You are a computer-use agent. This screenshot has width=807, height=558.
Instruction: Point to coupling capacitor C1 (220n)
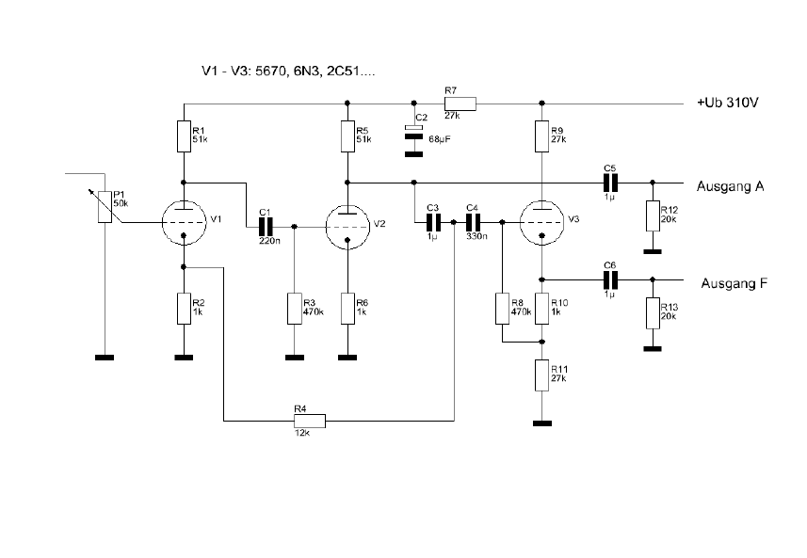pos(266,226)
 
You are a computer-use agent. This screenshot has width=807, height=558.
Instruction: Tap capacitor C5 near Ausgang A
pos(609,182)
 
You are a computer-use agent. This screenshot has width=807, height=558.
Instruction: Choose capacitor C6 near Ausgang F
pos(609,279)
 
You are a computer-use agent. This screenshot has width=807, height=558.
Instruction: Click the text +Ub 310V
pos(727,104)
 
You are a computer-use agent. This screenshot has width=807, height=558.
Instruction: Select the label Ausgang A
pos(730,185)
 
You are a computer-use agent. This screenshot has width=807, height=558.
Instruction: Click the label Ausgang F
pos(734,283)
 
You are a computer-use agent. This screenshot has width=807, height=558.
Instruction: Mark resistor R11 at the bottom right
pos(541,375)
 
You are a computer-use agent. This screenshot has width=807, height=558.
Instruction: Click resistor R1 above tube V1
pos(184,136)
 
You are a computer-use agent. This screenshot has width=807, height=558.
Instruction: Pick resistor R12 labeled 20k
pos(652,216)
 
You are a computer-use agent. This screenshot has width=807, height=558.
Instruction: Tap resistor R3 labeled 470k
pos(296,308)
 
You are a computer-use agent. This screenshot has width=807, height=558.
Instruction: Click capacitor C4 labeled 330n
pos(473,222)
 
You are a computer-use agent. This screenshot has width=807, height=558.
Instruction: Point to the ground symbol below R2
pos(184,358)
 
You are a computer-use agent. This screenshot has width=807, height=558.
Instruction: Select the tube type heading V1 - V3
pos(289,72)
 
